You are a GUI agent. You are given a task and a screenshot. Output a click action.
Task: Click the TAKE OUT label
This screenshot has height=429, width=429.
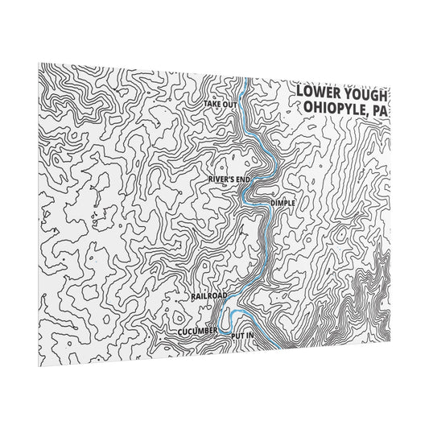(x=220, y=105)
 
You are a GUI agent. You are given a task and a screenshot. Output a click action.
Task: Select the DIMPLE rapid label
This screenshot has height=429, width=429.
(x=283, y=203)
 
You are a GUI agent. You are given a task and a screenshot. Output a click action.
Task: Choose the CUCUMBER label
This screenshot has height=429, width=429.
(x=198, y=331)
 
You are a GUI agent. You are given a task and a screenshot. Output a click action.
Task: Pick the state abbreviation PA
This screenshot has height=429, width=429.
(x=379, y=110)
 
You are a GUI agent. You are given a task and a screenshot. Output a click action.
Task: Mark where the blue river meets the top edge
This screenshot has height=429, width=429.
(x=244, y=80)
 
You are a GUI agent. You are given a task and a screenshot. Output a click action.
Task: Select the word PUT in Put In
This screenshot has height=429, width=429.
(x=236, y=334)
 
